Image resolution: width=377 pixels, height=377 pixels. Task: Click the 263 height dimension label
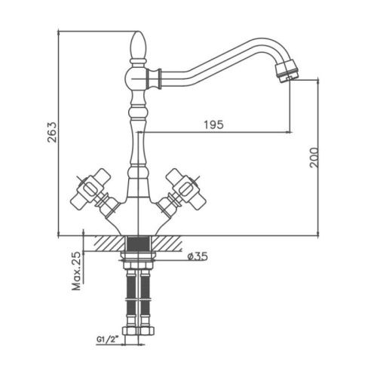point(52,133)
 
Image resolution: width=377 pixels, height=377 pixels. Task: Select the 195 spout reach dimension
point(213,124)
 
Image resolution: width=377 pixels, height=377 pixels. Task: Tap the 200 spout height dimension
point(314,158)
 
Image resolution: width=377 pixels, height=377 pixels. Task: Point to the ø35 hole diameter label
point(198,256)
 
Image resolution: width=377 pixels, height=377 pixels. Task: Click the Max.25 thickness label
point(77,271)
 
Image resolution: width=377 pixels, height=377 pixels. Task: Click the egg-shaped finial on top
point(138,44)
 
